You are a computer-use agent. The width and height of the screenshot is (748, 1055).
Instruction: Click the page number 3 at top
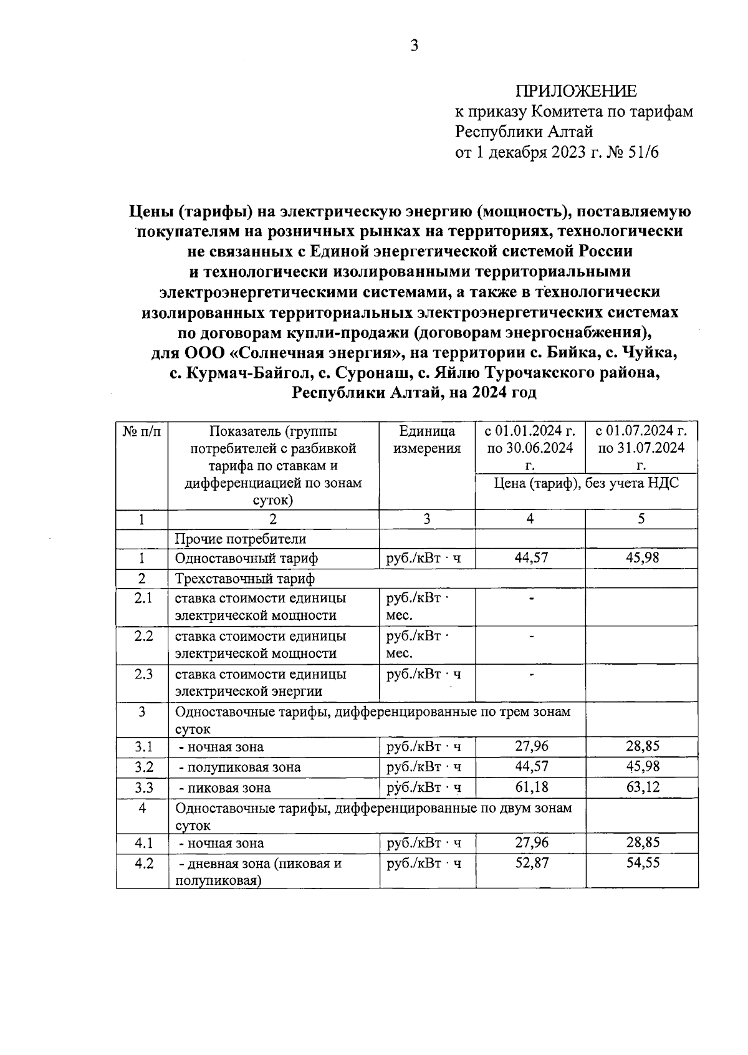(413, 46)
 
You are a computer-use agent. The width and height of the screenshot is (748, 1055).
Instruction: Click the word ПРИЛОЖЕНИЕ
(576, 92)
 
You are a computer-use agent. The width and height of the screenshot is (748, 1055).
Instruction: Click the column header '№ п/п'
(141, 431)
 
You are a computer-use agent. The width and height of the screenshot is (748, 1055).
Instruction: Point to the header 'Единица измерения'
(427, 440)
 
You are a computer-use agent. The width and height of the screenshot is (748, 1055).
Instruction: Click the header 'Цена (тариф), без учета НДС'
(586, 483)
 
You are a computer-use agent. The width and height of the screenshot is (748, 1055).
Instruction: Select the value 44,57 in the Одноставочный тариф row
(531, 557)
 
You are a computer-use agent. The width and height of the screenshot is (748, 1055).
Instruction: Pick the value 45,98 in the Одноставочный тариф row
(642, 557)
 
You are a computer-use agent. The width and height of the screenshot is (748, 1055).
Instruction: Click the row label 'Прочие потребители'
(241, 539)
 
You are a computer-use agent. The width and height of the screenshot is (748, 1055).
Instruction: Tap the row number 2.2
(143, 636)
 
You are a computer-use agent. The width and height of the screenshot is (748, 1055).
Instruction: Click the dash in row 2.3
(531, 674)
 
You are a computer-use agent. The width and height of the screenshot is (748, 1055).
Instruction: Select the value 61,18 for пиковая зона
(531, 787)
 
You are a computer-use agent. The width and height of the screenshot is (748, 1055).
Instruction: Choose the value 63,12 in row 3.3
(642, 787)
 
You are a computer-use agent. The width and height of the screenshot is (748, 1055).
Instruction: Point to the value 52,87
(531, 863)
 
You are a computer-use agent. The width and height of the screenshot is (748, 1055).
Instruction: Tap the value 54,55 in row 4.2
(642, 863)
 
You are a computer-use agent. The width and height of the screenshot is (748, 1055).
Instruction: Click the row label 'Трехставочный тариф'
(245, 579)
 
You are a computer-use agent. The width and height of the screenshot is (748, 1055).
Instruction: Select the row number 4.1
(143, 843)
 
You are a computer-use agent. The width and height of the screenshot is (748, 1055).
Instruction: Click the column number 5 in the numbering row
(641, 519)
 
